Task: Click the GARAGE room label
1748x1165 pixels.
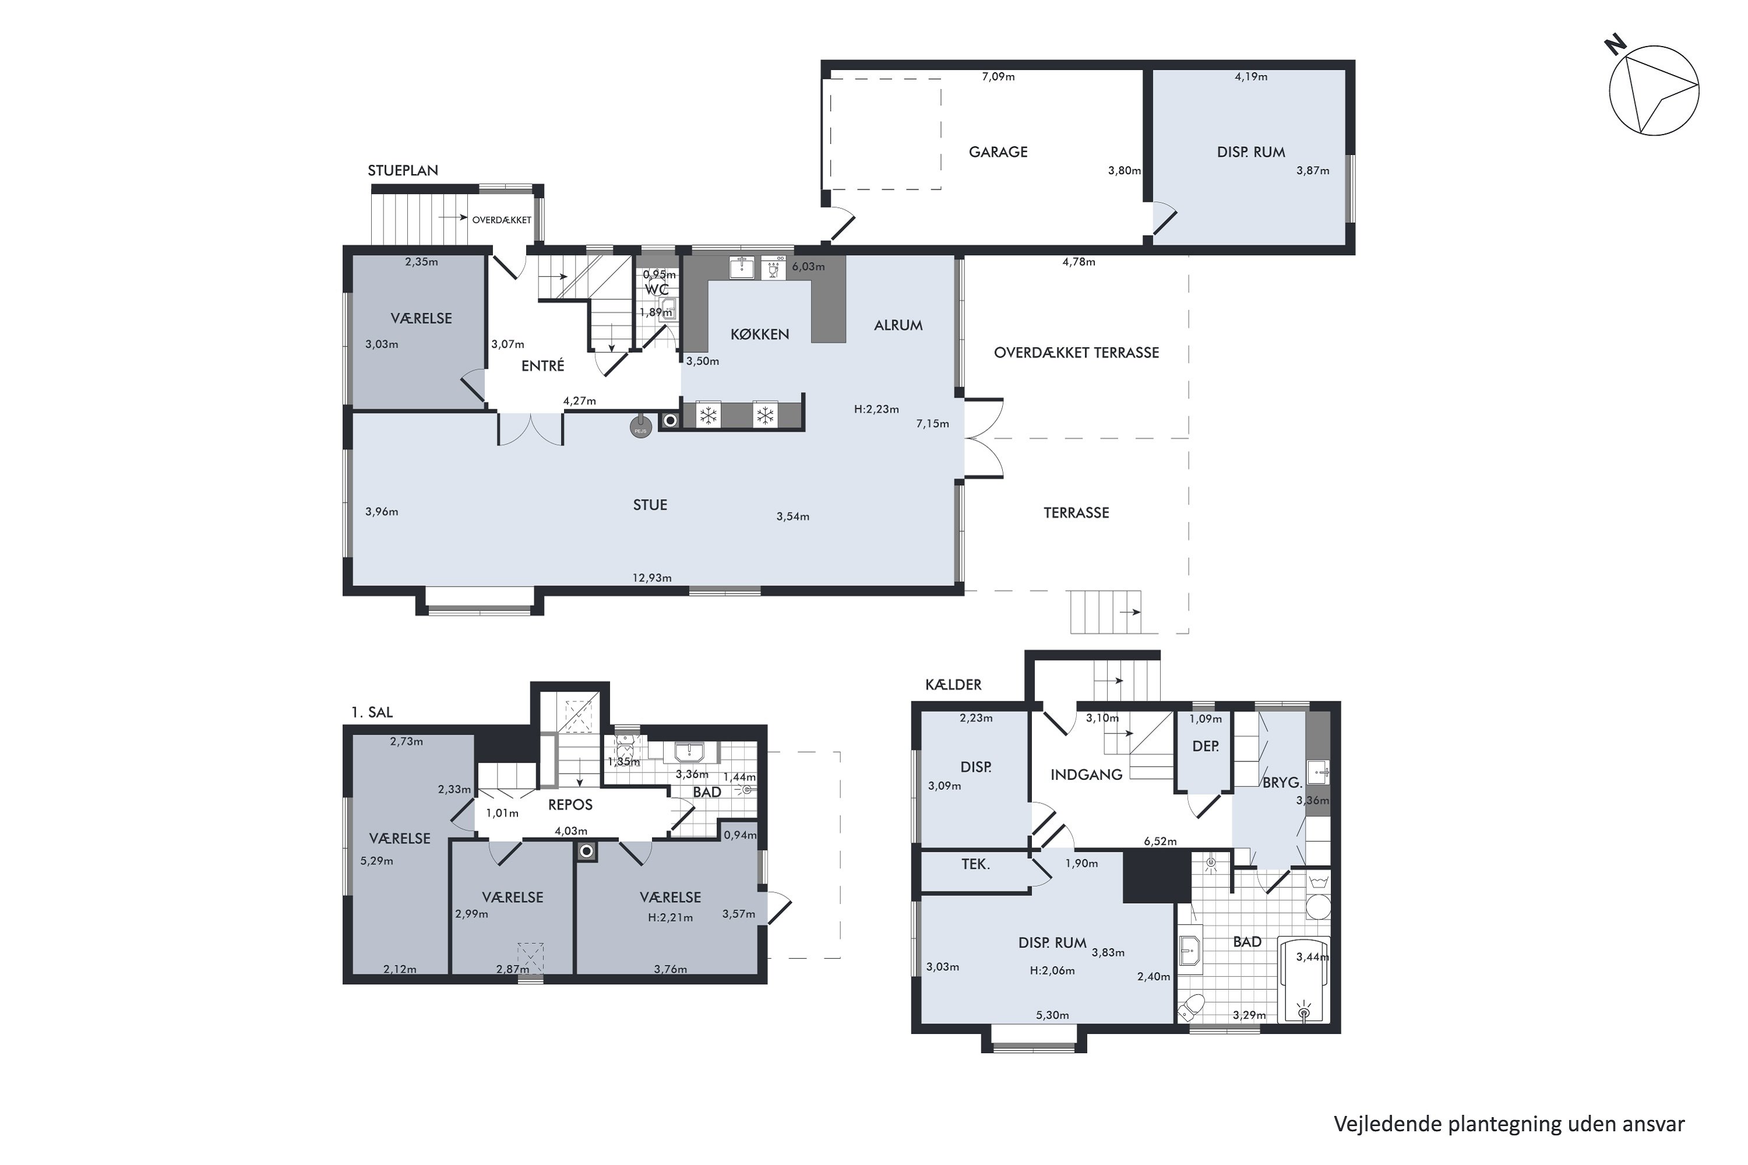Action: tap(998, 152)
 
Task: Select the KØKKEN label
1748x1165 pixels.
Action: tap(760, 334)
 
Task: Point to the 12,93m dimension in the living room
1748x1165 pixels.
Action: tap(652, 578)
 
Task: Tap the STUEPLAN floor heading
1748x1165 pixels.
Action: tap(403, 170)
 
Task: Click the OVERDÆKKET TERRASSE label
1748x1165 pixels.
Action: tap(1076, 353)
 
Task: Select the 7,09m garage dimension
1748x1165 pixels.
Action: tap(998, 76)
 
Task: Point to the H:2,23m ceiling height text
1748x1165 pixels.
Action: tap(876, 409)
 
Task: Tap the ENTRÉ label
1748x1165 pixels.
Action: tap(542, 366)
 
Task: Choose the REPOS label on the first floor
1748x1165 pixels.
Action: tap(570, 804)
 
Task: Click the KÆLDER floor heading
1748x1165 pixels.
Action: tap(953, 684)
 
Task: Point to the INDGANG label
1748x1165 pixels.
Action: tap(1086, 775)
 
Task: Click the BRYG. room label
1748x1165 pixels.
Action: tap(1282, 782)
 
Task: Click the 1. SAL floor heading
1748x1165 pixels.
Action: tap(372, 712)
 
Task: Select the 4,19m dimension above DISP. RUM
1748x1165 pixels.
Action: tap(1251, 76)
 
